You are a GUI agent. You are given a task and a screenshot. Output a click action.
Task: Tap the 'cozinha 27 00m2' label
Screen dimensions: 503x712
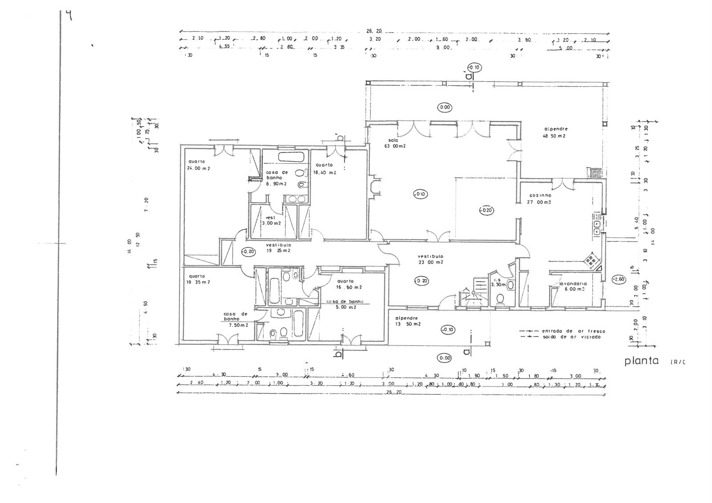pyautogui.click(x=540, y=198)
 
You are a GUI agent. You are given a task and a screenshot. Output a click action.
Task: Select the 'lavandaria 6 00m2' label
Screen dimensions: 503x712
pyautogui.click(x=573, y=286)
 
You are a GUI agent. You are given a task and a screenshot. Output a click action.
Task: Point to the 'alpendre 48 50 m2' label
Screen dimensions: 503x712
pyautogui.click(x=555, y=132)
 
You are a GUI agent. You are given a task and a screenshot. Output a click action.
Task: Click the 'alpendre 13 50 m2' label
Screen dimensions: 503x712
pyautogui.click(x=408, y=321)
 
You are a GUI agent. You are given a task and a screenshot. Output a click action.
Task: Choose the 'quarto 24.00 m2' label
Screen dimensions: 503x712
pyautogui.click(x=198, y=165)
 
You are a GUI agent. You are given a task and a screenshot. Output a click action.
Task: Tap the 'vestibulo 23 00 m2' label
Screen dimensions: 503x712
pyautogui.click(x=430, y=259)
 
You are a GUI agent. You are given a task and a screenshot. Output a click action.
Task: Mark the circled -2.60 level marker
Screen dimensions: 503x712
pyautogui.click(x=618, y=279)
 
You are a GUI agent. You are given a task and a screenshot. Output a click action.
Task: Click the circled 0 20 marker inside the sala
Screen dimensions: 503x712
pyautogui.click(x=486, y=210)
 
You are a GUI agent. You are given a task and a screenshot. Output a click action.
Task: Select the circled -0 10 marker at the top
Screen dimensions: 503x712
pyautogui.click(x=474, y=68)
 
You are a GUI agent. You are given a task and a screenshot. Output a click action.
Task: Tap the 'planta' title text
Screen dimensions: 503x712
pyautogui.click(x=641, y=360)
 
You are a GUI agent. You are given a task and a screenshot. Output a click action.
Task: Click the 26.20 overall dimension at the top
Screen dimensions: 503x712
pyautogui.click(x=374, y=31)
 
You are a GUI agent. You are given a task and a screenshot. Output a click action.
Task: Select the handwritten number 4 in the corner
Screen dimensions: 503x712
pyautogui.click(x=69, y=16)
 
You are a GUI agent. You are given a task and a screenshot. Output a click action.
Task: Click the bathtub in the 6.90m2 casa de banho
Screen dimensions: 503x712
pyautogui.click(x=291, y=157)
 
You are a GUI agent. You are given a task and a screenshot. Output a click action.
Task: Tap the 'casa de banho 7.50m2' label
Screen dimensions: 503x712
pyautogui.click(x=235, y=319)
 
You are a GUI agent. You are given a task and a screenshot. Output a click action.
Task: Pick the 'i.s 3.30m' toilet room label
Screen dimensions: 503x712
pyautogui.click(x=498, y=282)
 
